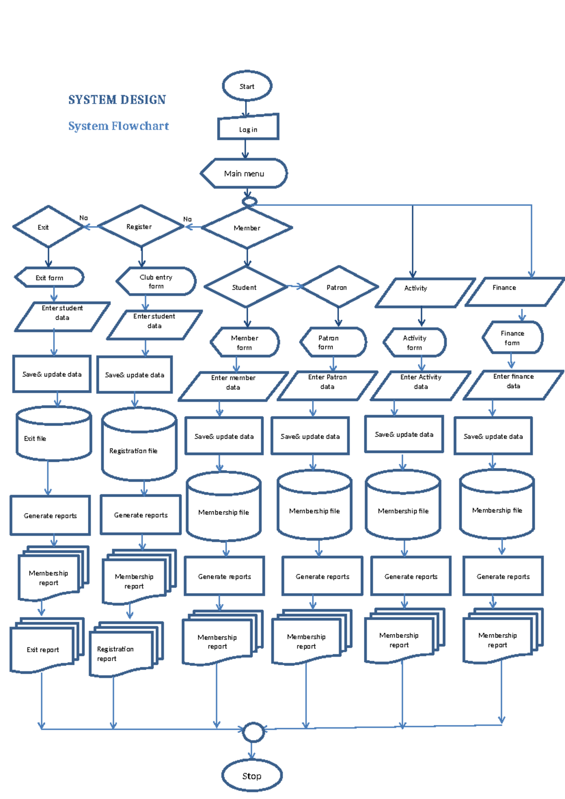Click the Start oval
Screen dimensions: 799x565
pos(247,86)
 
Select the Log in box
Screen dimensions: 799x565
pos(248,128)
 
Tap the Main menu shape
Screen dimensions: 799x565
pos(244,173)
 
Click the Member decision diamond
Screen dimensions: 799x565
pos(247,228)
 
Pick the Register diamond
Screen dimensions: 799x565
pos(140,227)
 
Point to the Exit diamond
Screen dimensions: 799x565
pos(48,227)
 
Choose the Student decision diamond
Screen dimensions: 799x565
pos(245,287)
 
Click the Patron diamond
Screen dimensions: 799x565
pos(338,287)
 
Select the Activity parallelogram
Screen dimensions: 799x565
pos(424,292)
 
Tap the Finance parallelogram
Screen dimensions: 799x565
pos(514,292)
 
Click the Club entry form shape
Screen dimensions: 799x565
pos(156,282)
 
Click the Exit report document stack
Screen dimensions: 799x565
pos(45,646)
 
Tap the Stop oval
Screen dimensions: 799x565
pos(251,775)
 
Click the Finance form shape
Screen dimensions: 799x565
pos(512,338)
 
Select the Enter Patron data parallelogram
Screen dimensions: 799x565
pos(327,386)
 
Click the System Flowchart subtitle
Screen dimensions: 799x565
pos(118,126)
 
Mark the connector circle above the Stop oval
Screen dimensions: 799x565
pos(253,732)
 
